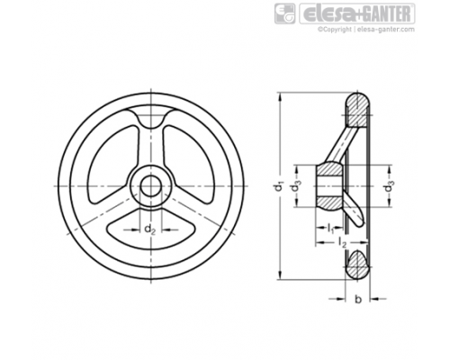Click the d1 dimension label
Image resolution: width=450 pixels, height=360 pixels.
point(279,186)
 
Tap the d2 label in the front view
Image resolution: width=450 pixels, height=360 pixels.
point(150,229)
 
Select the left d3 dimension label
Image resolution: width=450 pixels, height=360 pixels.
point(296,186)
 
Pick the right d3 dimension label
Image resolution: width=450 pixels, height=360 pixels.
point(390,186)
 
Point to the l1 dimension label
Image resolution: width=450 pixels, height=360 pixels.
point(330,229)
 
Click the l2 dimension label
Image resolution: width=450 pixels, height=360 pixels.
point(342,242)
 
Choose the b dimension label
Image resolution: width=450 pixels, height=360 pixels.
point(358,299)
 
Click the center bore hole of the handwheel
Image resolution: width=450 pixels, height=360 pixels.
point(151,186)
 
